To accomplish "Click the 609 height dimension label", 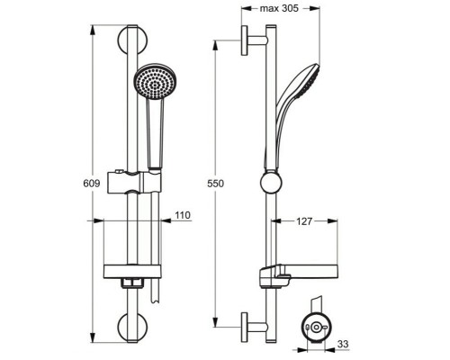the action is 92,183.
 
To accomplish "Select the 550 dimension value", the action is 215,184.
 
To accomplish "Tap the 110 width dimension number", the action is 183,215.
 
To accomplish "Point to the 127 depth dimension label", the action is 304,221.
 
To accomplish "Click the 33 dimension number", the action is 343,344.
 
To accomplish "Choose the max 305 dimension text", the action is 279,8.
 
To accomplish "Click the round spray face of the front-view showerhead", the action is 155,81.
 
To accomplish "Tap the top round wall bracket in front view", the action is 132,40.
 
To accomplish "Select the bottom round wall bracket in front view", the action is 132,327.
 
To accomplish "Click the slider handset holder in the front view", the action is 134,183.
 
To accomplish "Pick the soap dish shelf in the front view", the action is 132,272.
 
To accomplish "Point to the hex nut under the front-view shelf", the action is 132,283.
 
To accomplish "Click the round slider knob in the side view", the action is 271,183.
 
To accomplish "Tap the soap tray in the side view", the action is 299,274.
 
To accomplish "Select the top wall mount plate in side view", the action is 245,40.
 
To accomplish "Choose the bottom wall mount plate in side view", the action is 245,328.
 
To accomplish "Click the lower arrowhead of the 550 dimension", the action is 215,322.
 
